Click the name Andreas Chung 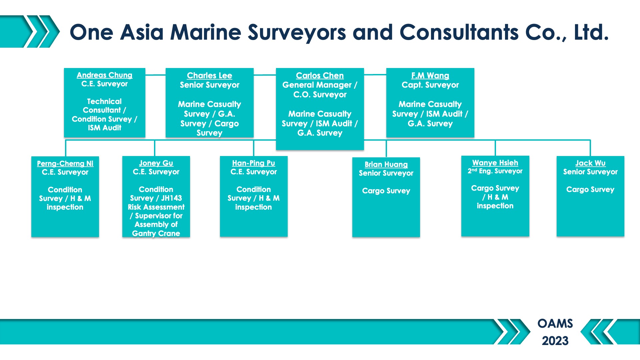point(104,75)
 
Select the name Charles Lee point(209,76)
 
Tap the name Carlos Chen point(320,76)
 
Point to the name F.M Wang point(430,76)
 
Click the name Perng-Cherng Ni point(65,164)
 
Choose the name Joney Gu point(156,163)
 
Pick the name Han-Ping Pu point(253,163)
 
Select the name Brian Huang point(386,165)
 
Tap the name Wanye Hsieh point(495,163)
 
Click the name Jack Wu point(590,163)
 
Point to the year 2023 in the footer point(555,341)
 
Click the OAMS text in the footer point(555,323)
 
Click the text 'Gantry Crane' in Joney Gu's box point(156,233)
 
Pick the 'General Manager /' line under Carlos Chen point(320,85)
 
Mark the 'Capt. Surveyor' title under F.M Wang point(430,85)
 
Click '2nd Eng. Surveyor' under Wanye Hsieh point(495,171)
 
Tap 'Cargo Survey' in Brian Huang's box point(386,191)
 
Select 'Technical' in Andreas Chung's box point(104,101)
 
